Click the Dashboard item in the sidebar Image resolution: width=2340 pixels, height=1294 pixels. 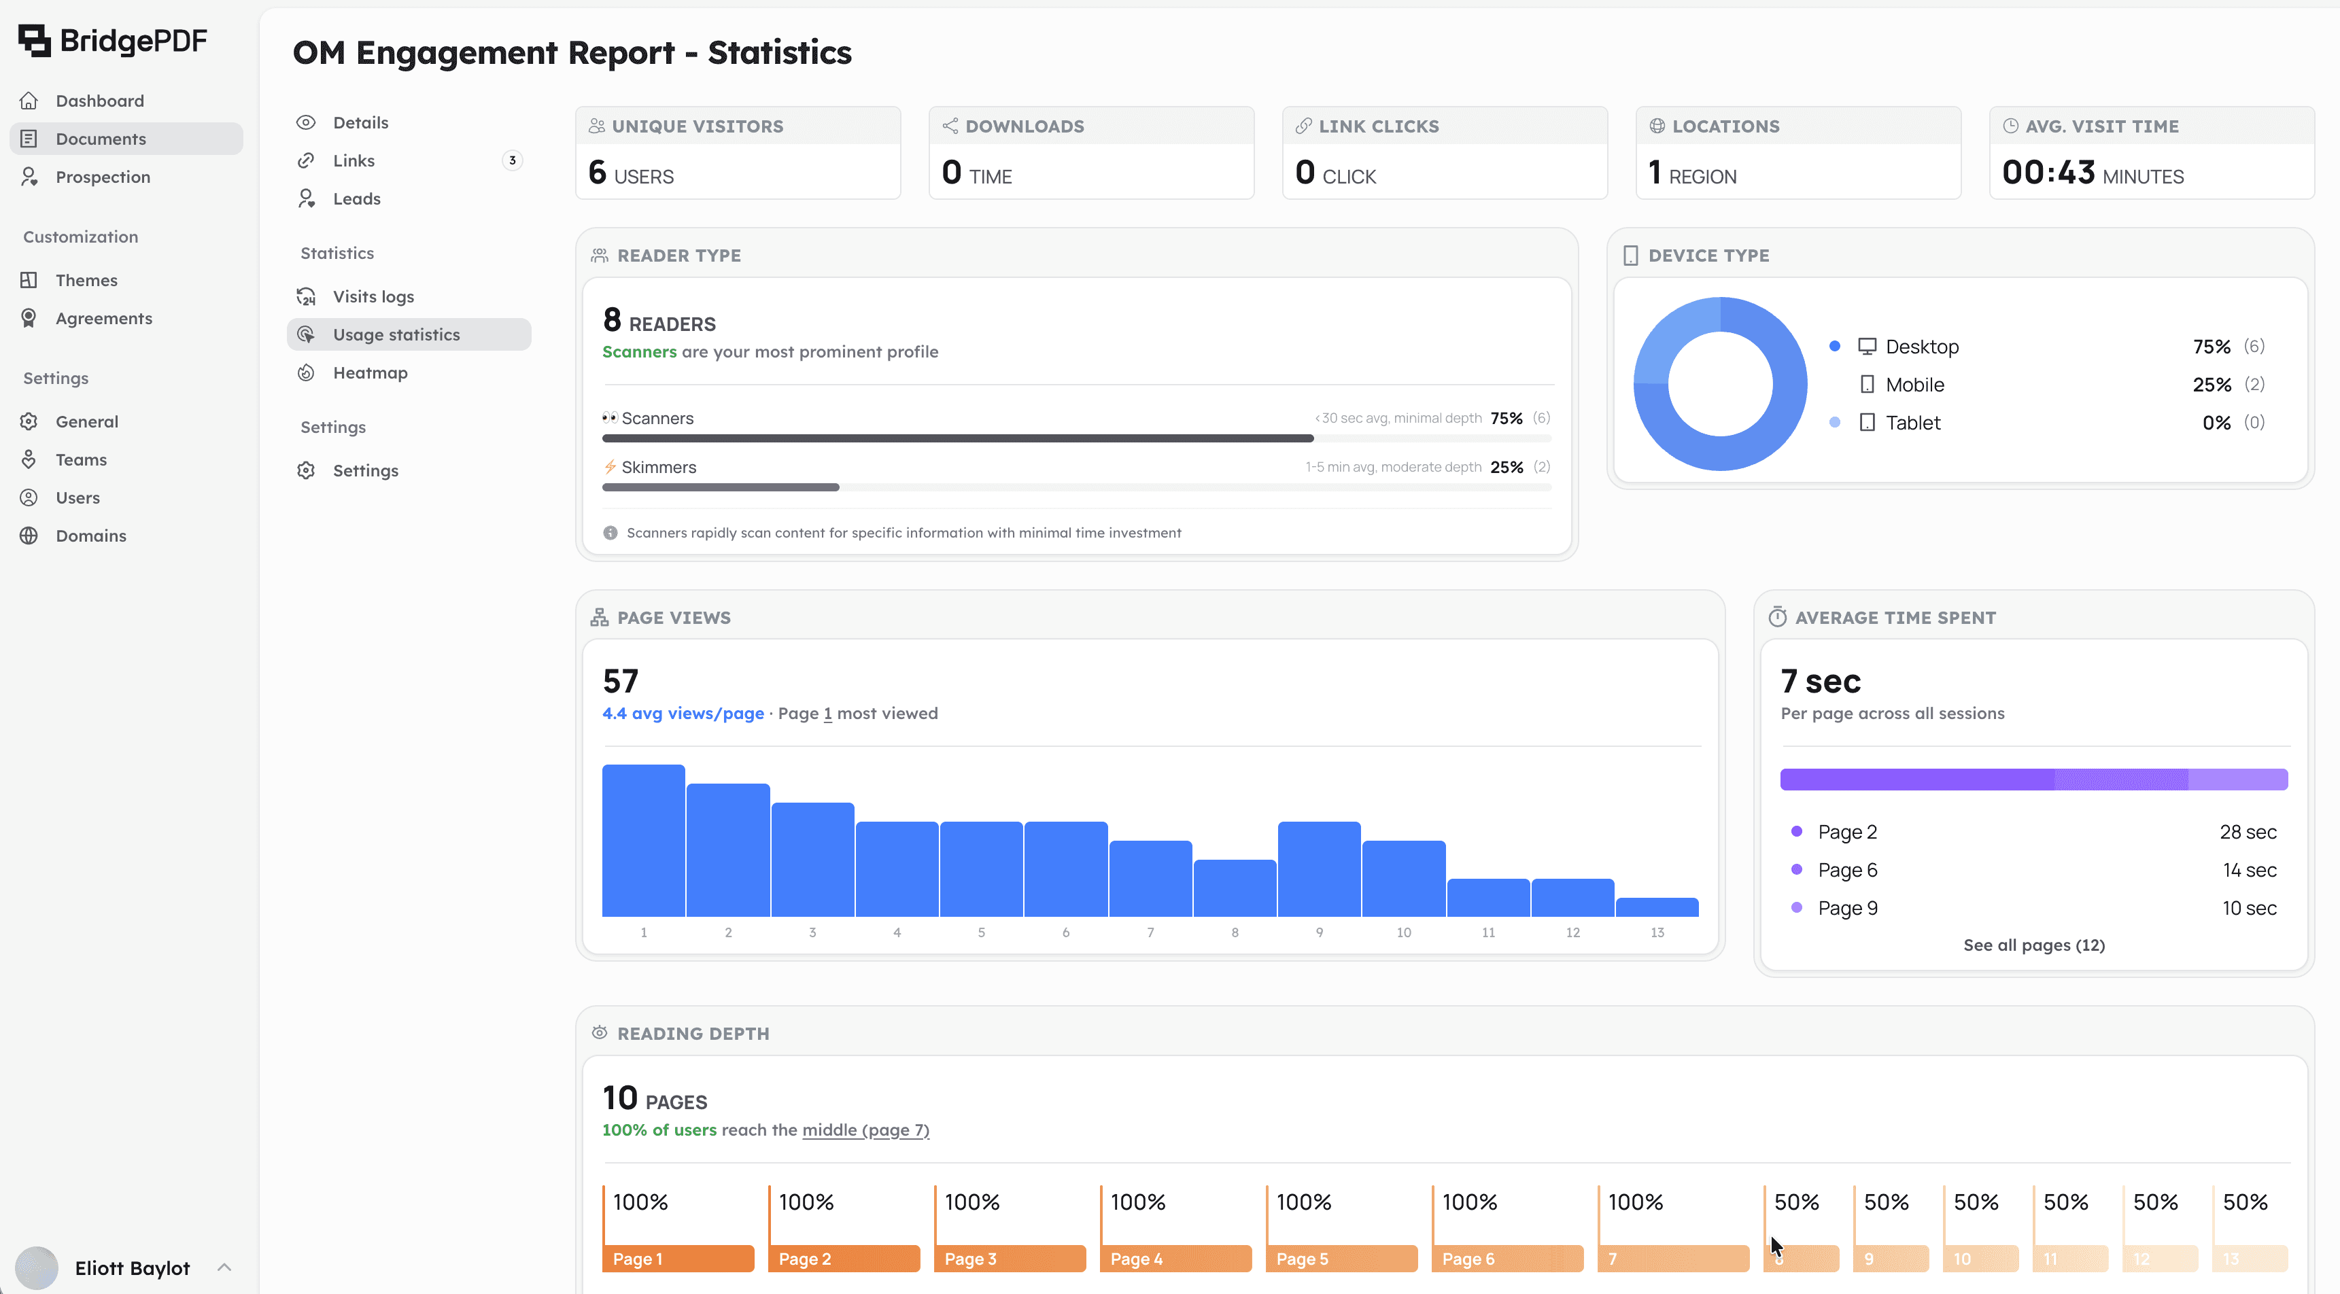pos(99,101)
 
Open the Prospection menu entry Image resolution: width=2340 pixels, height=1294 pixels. pos(102,177)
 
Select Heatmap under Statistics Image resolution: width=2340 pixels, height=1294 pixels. pos(370,373)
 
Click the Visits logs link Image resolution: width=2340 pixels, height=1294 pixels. pos(373,297)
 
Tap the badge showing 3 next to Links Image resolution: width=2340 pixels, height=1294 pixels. pos(513,160)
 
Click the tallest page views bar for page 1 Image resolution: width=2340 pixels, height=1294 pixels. pos(643,840)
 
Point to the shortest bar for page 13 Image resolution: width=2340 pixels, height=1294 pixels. pos(1657,907)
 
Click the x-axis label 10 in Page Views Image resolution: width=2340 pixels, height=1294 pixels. pos(1403,932)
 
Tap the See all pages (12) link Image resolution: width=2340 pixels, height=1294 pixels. pos(2033,945)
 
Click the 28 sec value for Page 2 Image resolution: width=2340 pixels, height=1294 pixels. pos(2248,832)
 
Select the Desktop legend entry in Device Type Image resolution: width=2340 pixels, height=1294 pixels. pos(1921,347)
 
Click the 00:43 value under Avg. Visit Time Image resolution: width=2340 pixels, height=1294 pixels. pos(2048,173)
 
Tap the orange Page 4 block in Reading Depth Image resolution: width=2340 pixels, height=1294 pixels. pos(1175,1259)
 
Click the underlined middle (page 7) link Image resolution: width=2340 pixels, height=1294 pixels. pos(865,1130)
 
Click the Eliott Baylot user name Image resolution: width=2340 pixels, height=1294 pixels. pos(132,1267)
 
